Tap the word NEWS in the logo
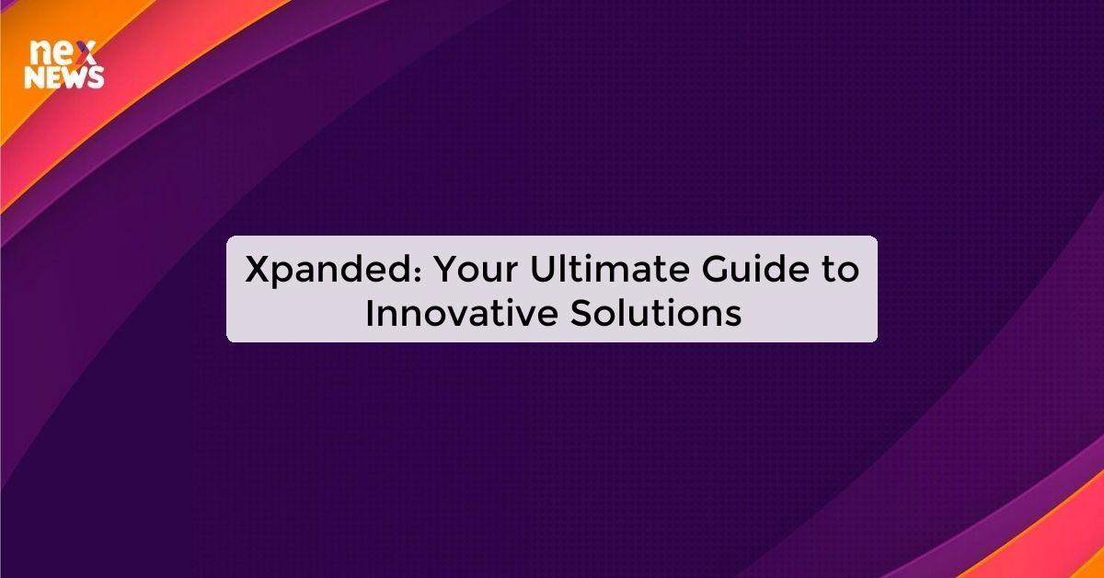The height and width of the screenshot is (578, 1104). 63,78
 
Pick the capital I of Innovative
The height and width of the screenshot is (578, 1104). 370,313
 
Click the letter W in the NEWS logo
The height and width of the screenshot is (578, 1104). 75,78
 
